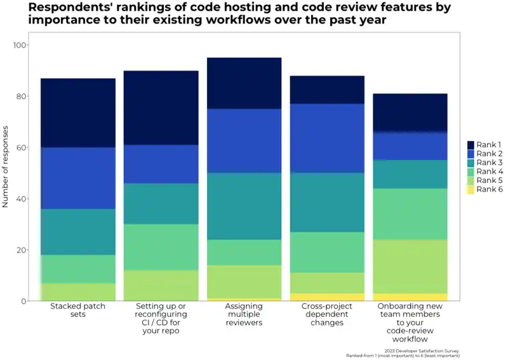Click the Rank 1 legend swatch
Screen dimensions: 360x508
[x=471, y=145]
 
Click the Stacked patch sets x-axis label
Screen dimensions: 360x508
[x=78, y=310]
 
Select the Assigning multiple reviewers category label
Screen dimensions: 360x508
[x=244, y=314]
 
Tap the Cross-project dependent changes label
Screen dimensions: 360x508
[x=328, y=314]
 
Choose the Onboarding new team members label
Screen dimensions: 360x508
[x=410, y=323]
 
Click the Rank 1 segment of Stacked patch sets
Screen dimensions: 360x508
[x=78, y=113]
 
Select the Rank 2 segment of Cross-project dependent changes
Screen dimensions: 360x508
[x=327, y=138]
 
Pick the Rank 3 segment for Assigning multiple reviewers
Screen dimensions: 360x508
[x=244, y=206]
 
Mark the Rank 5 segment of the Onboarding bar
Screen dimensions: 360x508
[x=410, y=266]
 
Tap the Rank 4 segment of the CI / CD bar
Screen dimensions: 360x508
[x=161, y=247]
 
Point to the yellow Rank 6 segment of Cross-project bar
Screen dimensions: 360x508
[x=327, y=297]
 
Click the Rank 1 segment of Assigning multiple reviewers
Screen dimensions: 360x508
[x=244, y=83]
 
